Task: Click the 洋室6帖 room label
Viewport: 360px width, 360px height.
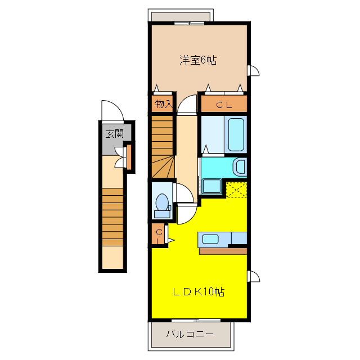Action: tap(198, 60)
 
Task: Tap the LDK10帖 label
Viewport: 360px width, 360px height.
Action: tap(199, 291)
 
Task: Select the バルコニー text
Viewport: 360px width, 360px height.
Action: tap(190, 334)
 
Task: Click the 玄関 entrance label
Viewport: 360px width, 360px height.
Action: tap(115, 134)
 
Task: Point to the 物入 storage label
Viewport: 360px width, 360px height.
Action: tap(164, 103)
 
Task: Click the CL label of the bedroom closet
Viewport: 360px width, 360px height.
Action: tap(224, 105)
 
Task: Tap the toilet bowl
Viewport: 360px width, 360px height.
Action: tap(162, 202)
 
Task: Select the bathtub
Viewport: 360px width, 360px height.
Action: tap(236, 134)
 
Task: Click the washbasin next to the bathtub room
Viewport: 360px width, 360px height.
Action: tap(240, 167)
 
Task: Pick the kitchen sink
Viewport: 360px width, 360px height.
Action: tap(210, 239)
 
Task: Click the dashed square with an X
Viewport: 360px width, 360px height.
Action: tap(236, 190)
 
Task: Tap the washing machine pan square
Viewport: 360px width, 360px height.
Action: tap(211, 186)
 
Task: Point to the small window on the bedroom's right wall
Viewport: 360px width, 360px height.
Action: tap(253, 70)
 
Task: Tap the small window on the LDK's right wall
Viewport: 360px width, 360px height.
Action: tap(254, 276)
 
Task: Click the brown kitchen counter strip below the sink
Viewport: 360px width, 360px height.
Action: tap(223, 251)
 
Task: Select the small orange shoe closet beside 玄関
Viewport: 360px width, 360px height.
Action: tap(129, 157)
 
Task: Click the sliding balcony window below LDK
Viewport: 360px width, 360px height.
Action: tap(196, 320)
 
